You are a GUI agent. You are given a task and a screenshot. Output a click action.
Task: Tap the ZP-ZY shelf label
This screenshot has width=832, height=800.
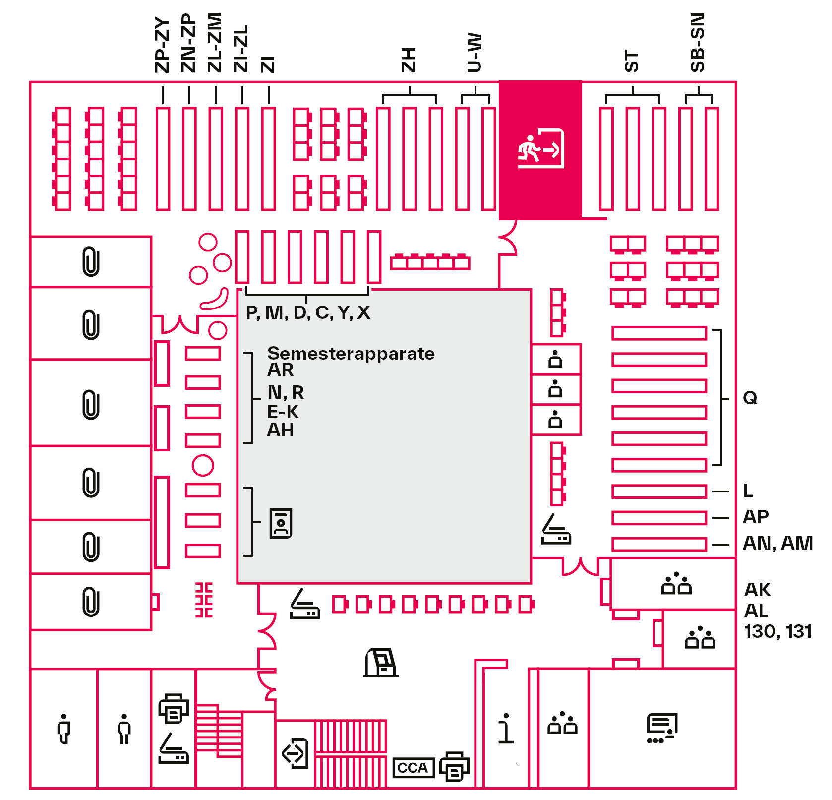pos(163,45)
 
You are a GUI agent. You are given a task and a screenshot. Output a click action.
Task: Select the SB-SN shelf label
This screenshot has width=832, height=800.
pos(698,43)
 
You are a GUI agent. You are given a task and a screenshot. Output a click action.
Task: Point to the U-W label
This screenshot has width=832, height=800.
pos(475,53)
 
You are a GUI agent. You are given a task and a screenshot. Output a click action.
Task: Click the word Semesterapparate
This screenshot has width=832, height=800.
pos(351,353)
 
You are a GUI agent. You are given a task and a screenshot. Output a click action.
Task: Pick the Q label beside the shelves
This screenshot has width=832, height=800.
pos(750,398)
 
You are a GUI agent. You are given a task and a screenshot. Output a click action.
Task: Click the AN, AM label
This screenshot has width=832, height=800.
pos(777,543)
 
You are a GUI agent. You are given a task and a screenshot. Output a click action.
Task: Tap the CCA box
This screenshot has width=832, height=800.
pos(413,768)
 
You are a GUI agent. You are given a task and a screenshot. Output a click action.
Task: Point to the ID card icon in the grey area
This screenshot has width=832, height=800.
pos(281,523)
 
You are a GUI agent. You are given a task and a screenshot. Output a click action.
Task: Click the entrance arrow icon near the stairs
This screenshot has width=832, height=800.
pos(296,753)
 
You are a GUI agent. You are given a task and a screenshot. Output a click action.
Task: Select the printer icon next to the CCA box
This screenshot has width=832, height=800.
pos(454,766)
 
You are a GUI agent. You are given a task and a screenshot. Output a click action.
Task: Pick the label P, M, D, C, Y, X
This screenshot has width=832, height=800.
pos(308,312)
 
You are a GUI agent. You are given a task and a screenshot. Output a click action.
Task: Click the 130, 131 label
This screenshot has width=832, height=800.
pos(777,631)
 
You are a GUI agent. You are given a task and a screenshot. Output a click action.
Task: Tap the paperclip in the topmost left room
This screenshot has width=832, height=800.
pos(91,261)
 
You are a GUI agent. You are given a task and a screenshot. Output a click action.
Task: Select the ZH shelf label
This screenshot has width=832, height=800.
pos(408,60)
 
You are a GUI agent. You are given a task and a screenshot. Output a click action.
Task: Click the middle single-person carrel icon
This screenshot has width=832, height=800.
pos(555,389)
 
